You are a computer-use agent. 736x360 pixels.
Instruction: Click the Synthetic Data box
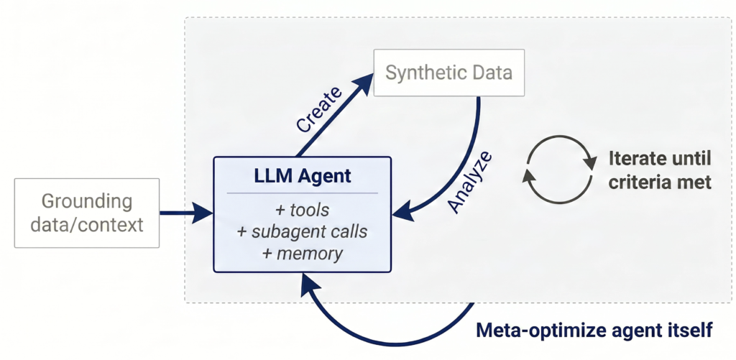tap(448, 73)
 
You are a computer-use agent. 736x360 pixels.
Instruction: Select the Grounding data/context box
tap(87, 213)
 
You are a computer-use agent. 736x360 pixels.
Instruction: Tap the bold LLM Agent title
tap(303, 176)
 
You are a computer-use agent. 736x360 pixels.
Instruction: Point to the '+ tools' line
tap(303, 211)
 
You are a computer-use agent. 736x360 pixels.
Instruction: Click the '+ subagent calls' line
tap(303, 232)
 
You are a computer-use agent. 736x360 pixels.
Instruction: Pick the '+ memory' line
tap(303, 254)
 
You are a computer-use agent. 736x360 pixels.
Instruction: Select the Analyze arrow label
tap(470, 182)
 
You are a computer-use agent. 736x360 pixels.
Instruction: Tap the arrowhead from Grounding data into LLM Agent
tap(202, 213)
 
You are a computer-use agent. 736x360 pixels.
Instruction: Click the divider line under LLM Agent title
tap(303, 193)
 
